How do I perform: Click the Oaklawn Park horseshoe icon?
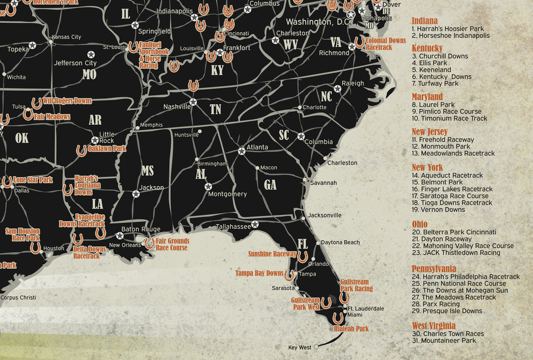click(81, 151)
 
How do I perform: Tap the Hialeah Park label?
click(351, 329)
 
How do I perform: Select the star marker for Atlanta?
click(242, 151)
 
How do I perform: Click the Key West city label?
click(299, 347)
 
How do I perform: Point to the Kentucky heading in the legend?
click(427, 48)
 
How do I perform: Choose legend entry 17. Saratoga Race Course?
click(450, 196)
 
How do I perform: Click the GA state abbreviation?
click(270, 184)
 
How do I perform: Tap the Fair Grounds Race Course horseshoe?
click(149, 243)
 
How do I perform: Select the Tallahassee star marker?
click(255, 225)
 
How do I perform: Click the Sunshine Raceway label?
click(272, 254)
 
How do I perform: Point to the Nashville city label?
click(177, 107)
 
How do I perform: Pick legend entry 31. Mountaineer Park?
click(444, 341)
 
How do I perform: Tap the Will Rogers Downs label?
click(67, 101)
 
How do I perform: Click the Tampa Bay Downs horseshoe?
click(289, 275)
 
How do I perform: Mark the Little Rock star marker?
click(95, 140)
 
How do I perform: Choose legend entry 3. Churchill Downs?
click(440, 56)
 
